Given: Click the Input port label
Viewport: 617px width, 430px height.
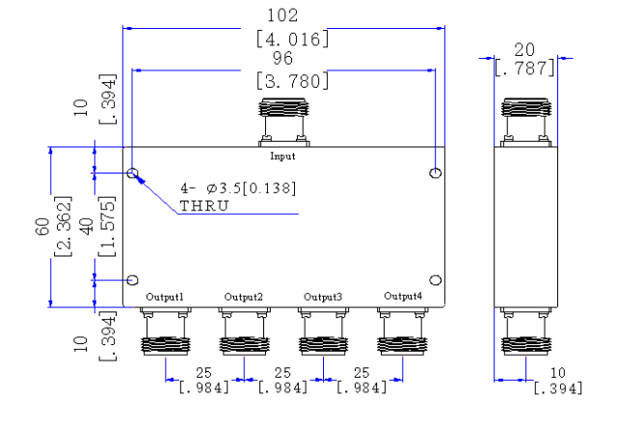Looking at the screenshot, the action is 282,156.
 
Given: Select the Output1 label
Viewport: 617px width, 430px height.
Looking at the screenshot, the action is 165,297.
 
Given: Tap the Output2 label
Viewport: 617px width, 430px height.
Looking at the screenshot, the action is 243,297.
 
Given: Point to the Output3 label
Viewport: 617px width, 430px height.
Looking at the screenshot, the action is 323,297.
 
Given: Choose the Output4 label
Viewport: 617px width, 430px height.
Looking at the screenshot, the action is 403,296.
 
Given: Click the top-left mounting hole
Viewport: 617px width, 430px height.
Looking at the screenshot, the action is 133,174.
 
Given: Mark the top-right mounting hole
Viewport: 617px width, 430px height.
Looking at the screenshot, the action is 435,174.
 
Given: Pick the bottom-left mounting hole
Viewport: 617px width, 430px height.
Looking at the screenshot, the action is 133,281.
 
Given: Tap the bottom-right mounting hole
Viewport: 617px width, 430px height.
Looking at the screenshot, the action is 435,281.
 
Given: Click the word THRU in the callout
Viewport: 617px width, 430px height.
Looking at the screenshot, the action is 204,206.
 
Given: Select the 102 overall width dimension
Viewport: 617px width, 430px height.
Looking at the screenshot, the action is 282,15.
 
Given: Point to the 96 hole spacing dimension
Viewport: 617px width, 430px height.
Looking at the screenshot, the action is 282,58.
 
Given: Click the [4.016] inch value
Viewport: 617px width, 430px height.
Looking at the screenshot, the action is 292,40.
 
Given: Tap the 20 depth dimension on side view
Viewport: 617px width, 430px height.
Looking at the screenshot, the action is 524,50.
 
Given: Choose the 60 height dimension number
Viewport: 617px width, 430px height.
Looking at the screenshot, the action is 42,227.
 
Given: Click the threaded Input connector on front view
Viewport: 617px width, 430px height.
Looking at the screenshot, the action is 283,122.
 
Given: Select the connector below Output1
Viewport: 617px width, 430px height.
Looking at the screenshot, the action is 166,332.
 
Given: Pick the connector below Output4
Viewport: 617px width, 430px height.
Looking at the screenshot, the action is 403,332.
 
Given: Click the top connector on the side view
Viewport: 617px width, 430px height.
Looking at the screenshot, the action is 526,122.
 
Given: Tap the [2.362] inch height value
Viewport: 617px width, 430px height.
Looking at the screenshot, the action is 63,227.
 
